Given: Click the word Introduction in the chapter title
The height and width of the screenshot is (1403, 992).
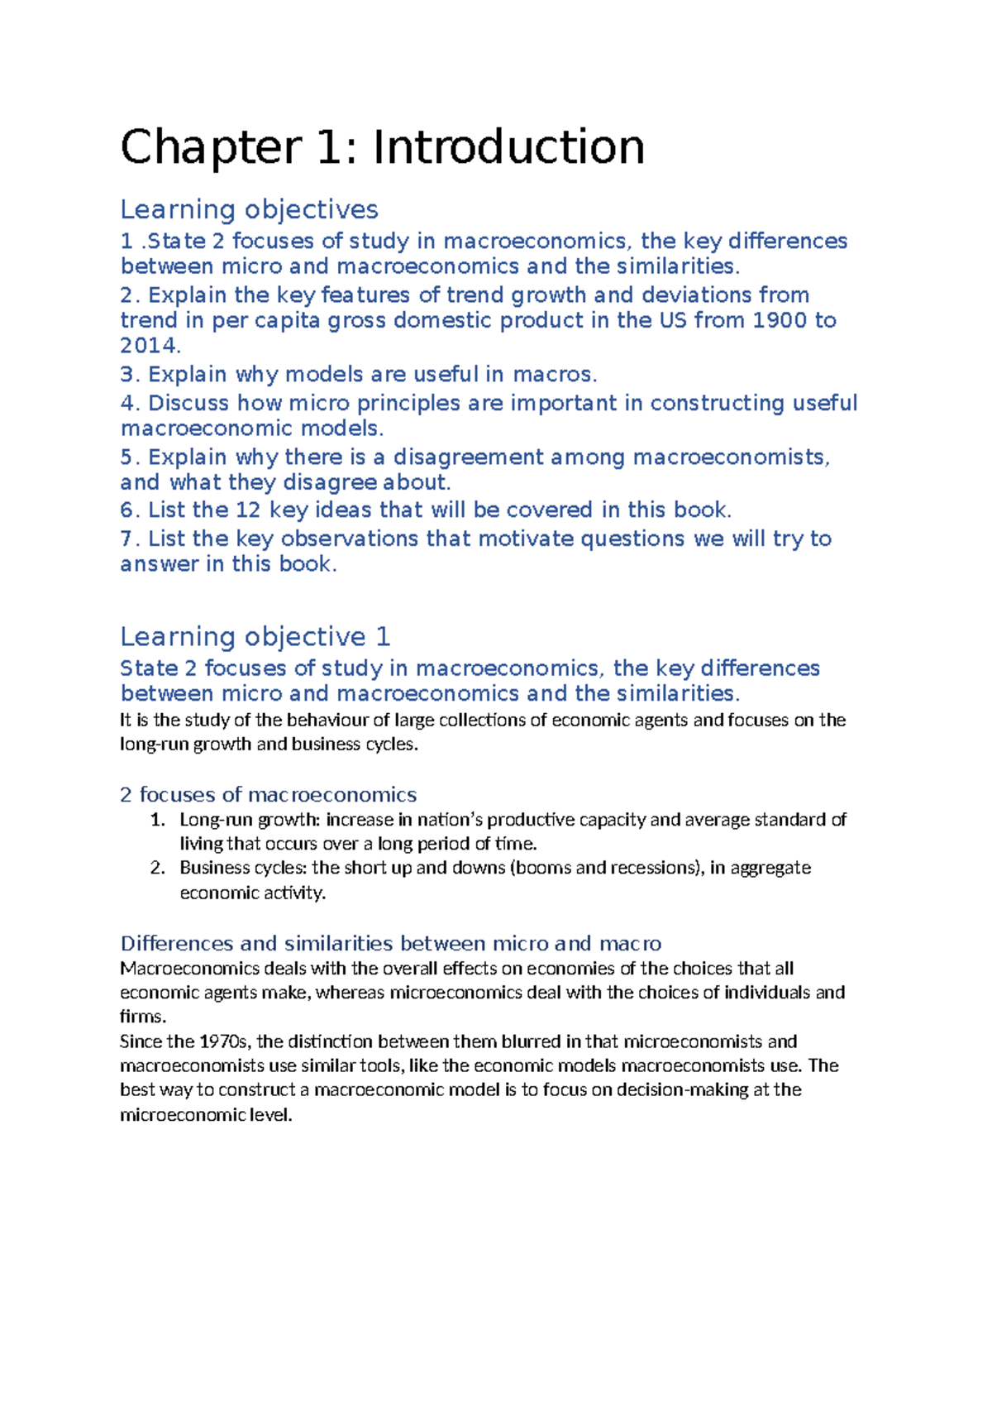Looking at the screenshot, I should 508,148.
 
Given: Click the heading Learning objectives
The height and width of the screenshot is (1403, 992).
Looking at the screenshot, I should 249,209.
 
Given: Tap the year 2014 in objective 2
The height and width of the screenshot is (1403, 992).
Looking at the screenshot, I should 149,346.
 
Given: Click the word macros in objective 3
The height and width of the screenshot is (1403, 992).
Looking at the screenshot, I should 553,375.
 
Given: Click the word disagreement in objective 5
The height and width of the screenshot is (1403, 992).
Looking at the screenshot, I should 468,457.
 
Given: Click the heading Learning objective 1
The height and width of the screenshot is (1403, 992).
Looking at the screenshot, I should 255,637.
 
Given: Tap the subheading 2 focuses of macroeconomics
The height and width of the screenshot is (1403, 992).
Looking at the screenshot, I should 268,795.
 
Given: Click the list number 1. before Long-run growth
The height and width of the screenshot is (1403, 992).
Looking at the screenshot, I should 158,820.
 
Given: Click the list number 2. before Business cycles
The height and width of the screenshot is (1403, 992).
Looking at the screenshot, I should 158,868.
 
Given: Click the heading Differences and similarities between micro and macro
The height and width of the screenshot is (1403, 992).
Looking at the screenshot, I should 390,944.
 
